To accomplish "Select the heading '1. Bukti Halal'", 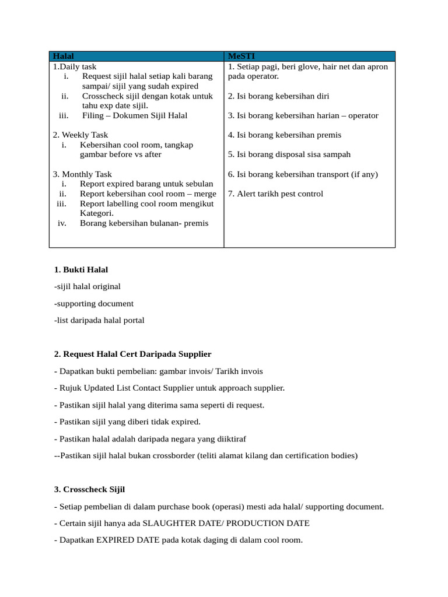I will (x=80, y=270).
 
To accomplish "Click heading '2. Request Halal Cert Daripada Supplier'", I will (x=132, y=354).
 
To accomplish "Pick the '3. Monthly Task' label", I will (x=82, y=174).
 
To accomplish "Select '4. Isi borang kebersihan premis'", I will (x=285, y=135).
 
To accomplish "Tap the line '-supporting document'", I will (x=93, y=304).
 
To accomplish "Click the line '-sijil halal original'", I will (x=87, y=287).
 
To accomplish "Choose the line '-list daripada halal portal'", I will (x=99, y=320).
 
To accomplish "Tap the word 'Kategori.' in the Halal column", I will (x=97, y=213).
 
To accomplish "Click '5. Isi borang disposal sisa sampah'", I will (x=289, y=154).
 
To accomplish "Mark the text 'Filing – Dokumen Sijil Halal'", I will (x=135, y=115).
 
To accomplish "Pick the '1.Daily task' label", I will (x=75, y=67).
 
